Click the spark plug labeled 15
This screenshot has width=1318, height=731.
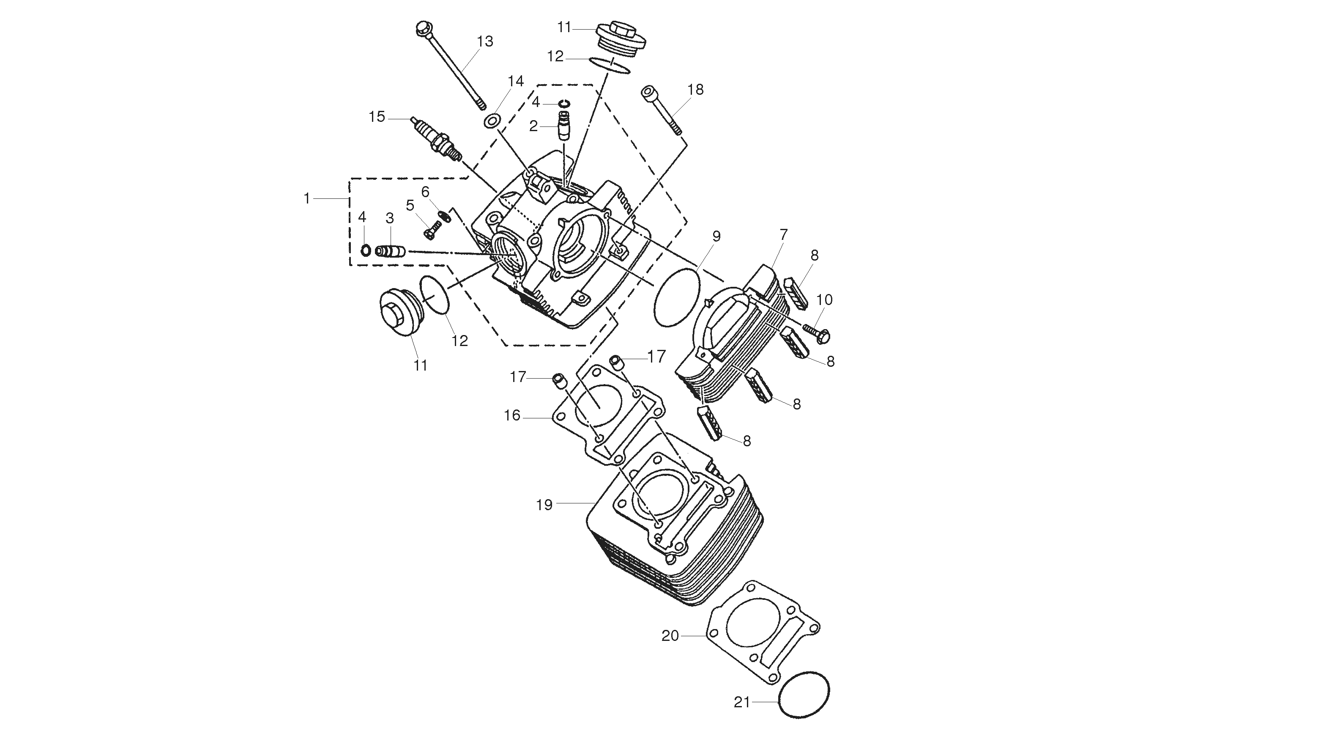(436, 139)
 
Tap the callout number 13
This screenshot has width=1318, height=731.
(485, 41)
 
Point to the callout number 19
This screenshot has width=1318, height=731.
(544, 505)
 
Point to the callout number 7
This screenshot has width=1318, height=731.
(783, 235)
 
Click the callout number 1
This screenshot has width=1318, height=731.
(307, 198)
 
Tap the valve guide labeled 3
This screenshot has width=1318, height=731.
(391, 251)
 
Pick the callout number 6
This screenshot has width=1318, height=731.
(425, 192)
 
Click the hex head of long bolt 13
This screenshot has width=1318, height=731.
(423, 28)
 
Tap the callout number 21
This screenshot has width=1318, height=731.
(742, 702)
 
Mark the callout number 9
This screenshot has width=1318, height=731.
(716, 236)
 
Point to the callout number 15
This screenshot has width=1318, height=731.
(377, 117)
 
